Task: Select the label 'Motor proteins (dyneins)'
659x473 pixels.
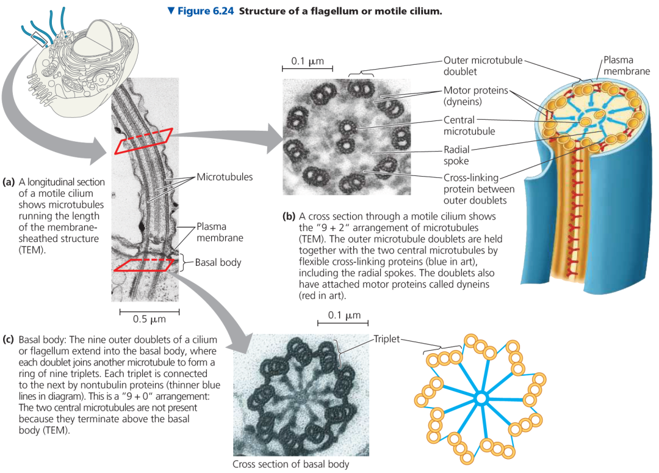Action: tap(474, 95)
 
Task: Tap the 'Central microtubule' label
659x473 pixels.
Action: tap(469, 125)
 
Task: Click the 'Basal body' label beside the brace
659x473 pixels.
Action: tap(218, 263)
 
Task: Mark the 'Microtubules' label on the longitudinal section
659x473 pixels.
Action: tap(224, 177)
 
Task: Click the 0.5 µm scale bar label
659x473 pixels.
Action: tap(149, 319)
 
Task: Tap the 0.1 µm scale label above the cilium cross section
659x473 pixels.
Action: tap(308, 62)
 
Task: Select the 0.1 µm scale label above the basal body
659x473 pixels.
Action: tap(344, 316)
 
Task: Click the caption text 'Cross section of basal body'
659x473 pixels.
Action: tap(290, 464)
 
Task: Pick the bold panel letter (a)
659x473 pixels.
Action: tap(9, 182)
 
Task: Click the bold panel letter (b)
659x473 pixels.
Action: tap(289, 216)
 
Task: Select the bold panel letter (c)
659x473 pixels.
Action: tap(9, 339)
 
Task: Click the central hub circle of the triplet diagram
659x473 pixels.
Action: tap(481, 398)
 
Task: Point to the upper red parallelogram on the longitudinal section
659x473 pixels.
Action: tap(146, 141)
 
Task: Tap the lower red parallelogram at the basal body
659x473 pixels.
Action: tap(146, 264)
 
